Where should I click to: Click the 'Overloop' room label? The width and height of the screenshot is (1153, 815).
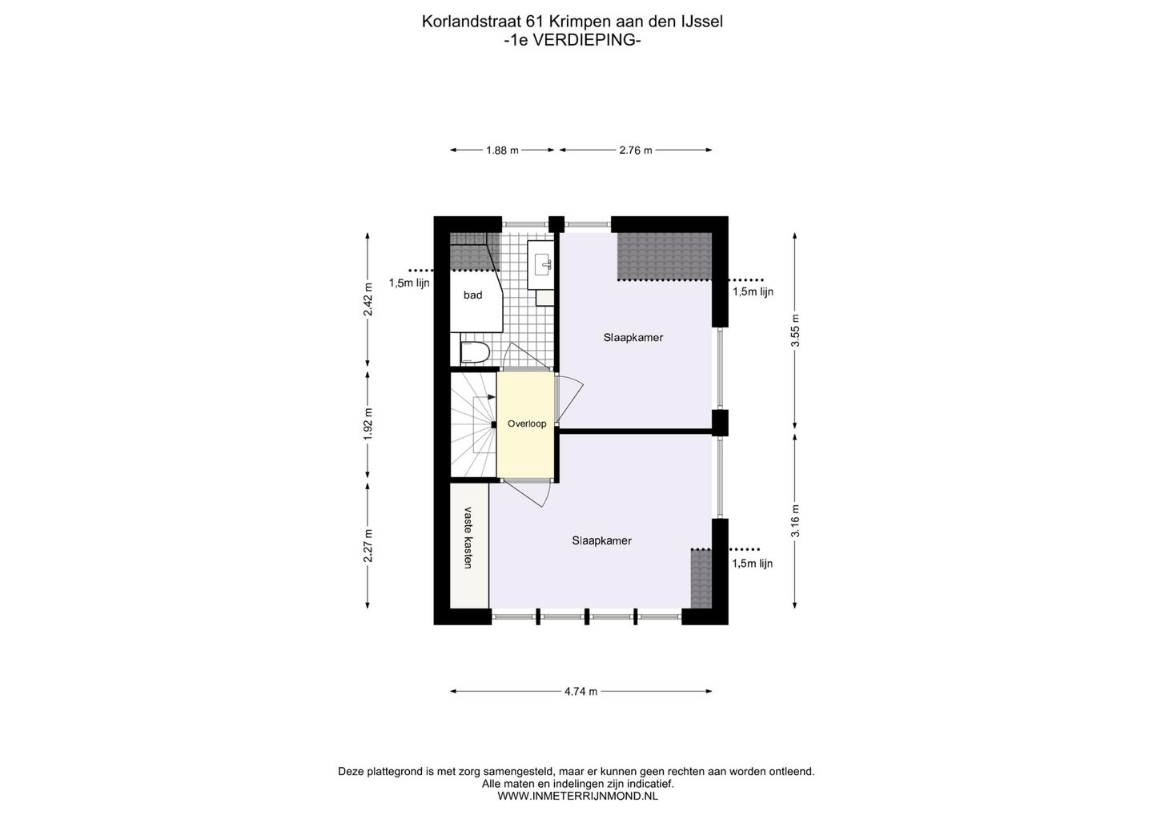(x=526, y=424)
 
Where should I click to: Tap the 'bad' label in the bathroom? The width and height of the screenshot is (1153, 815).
(x=472, y=295)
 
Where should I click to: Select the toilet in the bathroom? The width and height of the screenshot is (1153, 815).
(x=476, y=352)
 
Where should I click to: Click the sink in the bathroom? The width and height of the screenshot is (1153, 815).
(x=542, y=262)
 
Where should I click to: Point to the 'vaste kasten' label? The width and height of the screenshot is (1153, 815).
(x=468, y=538)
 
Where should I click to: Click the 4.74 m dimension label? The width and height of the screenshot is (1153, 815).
(x=581, y=692)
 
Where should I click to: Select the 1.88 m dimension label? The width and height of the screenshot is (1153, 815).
(x=502, y=150)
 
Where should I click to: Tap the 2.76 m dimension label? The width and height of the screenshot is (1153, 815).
(x=635, y=150)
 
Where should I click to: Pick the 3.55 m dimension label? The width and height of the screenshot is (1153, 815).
(x=795, y=331)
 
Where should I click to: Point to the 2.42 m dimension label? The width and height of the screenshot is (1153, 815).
(x=368, y=300)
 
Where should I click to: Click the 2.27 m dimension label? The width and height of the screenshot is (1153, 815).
(x=368, y=546)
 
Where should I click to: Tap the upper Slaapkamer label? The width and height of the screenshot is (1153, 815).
(x=633, y=338)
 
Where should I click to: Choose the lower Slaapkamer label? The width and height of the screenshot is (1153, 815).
(x=601, y=540)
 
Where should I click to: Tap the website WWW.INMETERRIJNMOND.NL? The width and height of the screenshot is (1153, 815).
(x=577, y=796)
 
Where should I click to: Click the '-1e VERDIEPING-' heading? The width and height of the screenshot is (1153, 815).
(x=572, y=39)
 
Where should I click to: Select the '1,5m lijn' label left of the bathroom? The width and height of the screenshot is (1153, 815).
(x=409, y=283)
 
